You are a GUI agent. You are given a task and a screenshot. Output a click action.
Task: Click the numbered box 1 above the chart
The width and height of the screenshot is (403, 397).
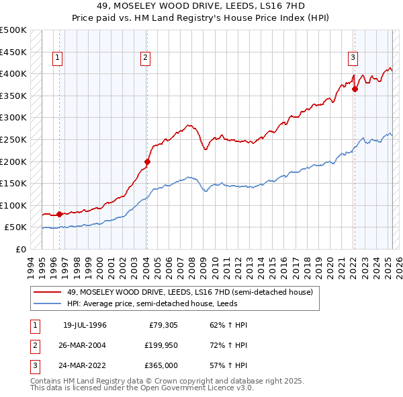click(58, 59)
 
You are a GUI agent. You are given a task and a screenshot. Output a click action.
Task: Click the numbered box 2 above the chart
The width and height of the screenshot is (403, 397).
click(145, 59)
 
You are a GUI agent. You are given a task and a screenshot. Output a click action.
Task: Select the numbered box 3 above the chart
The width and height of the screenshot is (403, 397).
click(353, 59)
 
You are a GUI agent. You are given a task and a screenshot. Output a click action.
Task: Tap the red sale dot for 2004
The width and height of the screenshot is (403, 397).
click(147, 161)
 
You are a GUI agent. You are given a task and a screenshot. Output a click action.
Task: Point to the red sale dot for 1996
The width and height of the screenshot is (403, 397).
click(59, 214)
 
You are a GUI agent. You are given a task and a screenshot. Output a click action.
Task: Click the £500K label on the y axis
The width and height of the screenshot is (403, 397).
click(13, 30)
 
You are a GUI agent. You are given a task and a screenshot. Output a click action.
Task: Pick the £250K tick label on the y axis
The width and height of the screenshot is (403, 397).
click(13, 139)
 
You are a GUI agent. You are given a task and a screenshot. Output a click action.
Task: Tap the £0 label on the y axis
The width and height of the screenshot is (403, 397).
click(21, 249)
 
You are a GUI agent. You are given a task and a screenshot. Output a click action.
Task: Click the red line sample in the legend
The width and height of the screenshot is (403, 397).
click(48, 293)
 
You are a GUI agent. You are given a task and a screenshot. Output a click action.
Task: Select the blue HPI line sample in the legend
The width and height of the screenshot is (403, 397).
click(48, 304)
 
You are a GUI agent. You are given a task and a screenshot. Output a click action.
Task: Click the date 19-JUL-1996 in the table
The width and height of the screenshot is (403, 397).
click(85, 326)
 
